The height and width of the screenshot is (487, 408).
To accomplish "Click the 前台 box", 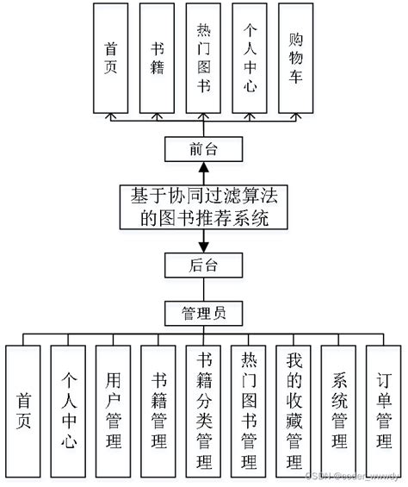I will point(203,149).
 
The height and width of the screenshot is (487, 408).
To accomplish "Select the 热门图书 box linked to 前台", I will point(203,58).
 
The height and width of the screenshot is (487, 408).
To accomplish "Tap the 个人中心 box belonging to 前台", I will point(250,58).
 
